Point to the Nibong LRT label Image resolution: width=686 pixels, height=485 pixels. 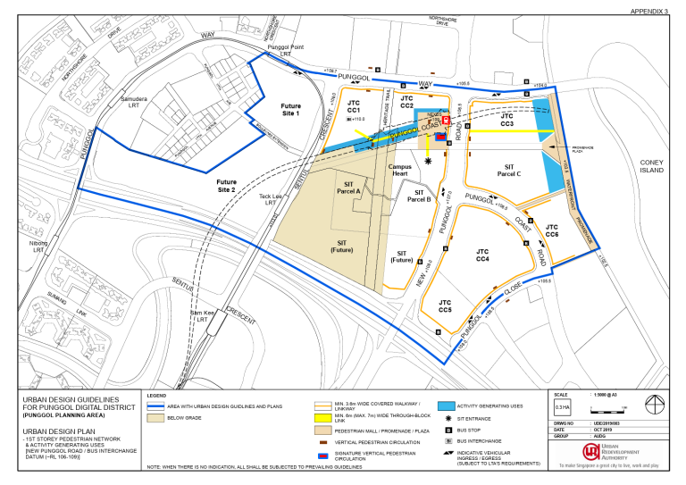(x=38, y=247)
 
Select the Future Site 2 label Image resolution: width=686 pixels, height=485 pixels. (x=226, y=186)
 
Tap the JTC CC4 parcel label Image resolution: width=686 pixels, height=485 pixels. (x=482, y=255)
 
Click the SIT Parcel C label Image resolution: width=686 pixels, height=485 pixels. (x=508, y=171)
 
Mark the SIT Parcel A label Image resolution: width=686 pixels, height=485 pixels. (x=347, y=187)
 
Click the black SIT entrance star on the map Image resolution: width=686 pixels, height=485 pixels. (x=429, y=161)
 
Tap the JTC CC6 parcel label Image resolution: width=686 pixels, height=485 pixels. (x=552, y=231)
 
